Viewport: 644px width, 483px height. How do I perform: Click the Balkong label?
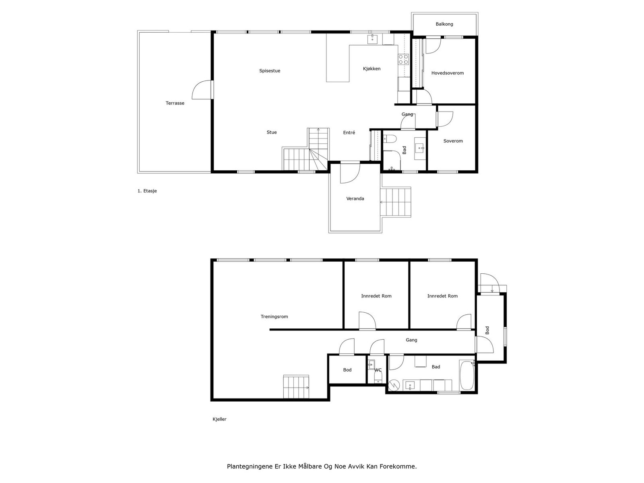point(444,24)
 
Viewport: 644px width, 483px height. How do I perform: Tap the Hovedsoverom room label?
point(447,73)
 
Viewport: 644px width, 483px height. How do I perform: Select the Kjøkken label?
point(372,68)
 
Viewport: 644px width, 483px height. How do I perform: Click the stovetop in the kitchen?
point(403,59)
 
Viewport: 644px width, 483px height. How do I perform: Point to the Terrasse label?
point(175,103)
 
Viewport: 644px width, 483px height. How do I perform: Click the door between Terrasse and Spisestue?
point(202,90)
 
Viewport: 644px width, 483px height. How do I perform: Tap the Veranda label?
point(355,198)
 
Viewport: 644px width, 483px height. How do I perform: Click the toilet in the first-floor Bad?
point(390,138)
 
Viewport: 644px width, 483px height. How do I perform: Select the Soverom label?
point(453,141)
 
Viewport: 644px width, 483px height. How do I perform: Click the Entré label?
point(349,132)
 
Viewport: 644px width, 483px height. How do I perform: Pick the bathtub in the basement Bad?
point(466,376)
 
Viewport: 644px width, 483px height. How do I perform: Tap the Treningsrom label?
point(274,316)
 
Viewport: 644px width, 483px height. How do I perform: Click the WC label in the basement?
point(378,370)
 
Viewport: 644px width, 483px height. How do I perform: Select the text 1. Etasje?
point(147,191)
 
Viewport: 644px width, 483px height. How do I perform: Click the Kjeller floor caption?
point(219,419)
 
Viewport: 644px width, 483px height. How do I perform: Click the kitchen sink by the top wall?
point(372,39)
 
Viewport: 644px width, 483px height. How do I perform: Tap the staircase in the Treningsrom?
point(296,387)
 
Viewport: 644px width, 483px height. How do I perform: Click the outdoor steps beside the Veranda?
point(396,202)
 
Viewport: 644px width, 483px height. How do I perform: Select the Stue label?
point(271,132)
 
